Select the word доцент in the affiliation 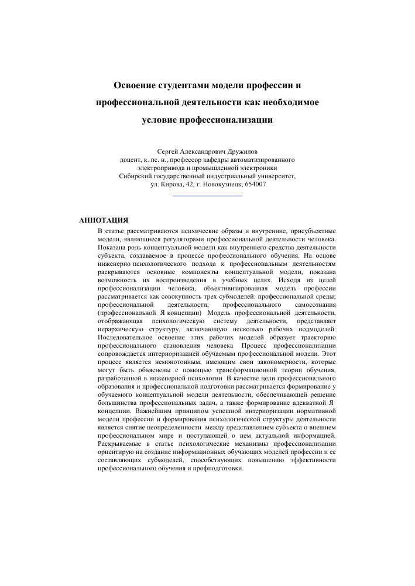132,159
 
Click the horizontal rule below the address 208,195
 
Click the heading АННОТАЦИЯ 104,220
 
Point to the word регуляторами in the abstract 190,239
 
